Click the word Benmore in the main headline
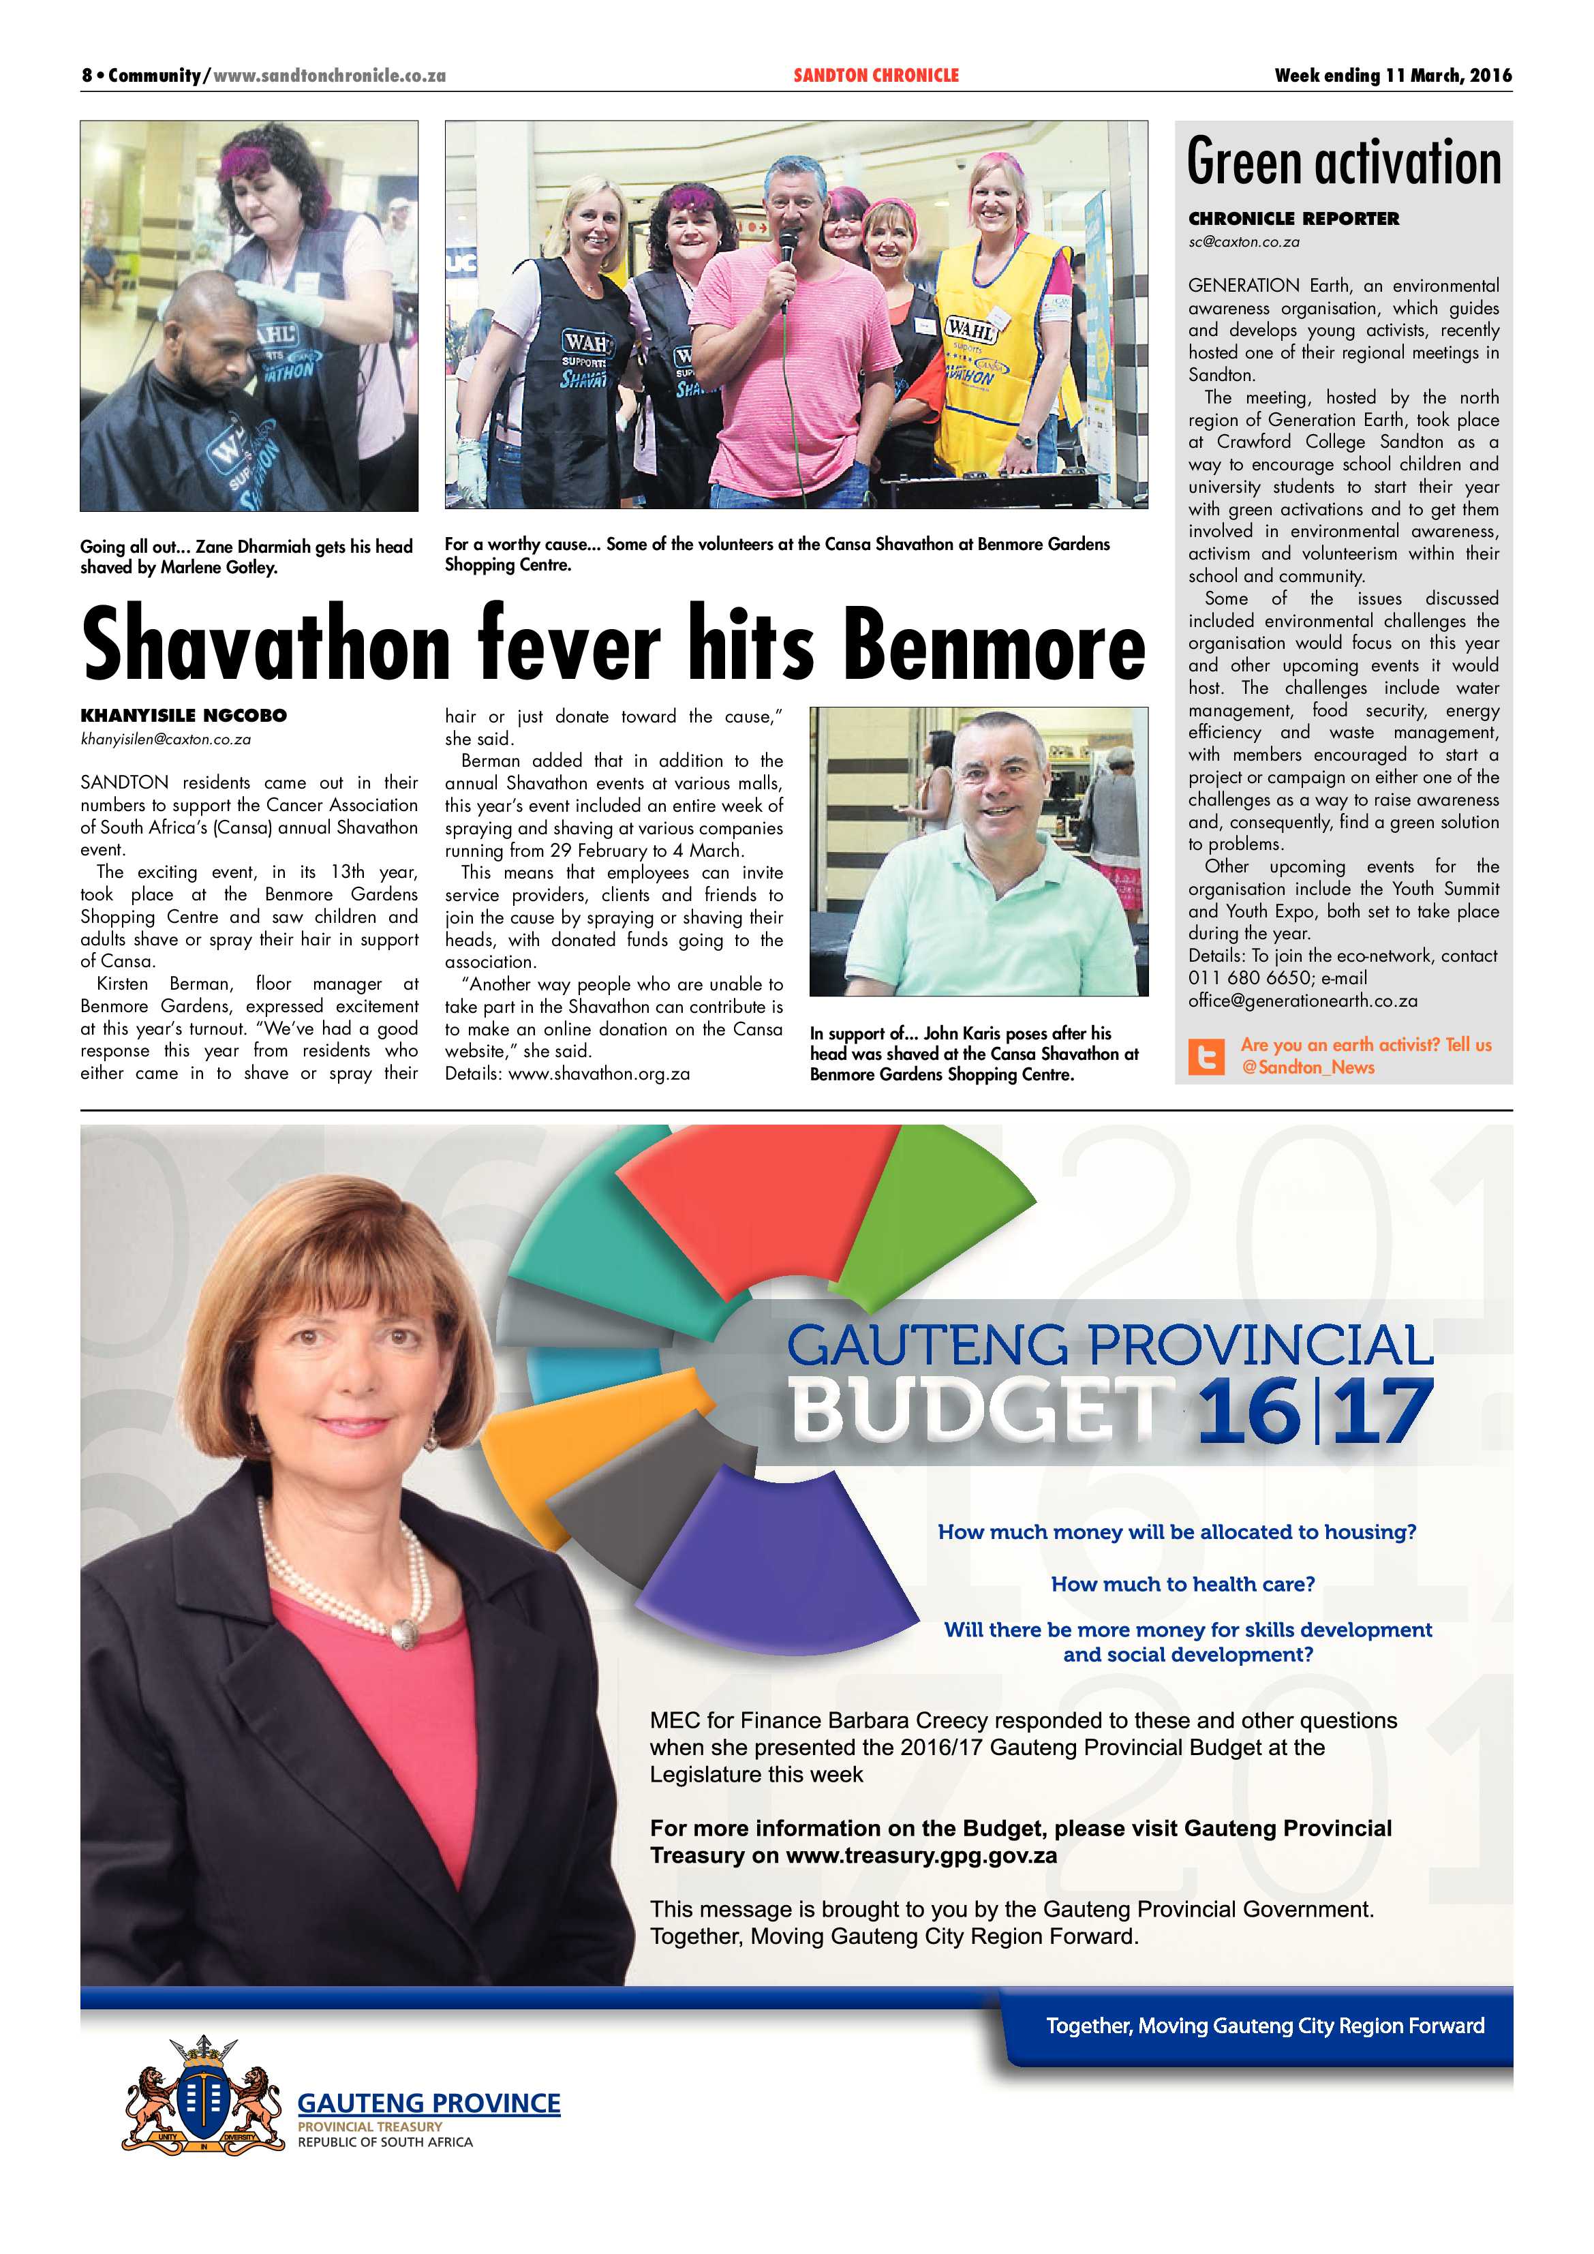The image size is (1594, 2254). click(x=994, y=645)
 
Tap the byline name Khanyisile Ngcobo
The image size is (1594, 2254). click(x=183, y=716)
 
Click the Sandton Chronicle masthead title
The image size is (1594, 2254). click(x=876, y=76)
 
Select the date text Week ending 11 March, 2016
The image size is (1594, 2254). click(x=1392, y=76)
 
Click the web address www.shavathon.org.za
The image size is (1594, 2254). click(x=599, y=1074)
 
